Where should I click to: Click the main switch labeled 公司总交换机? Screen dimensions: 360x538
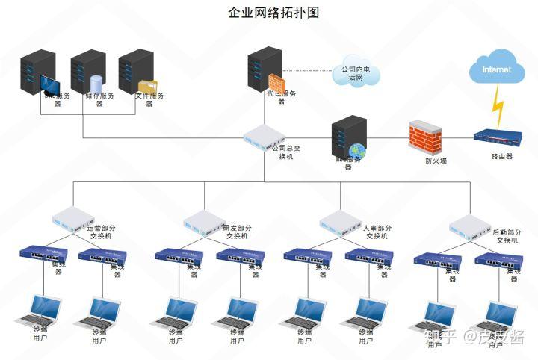(x=264, y=137)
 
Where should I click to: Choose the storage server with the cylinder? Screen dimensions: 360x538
(x=88, y=72)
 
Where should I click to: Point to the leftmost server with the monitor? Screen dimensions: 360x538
(x=40, y=72)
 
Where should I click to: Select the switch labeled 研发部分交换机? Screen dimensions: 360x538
(x=203, y=220)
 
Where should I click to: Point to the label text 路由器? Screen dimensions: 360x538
(x=501, y=156)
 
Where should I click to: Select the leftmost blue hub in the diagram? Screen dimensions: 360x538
(x=43, y=255)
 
